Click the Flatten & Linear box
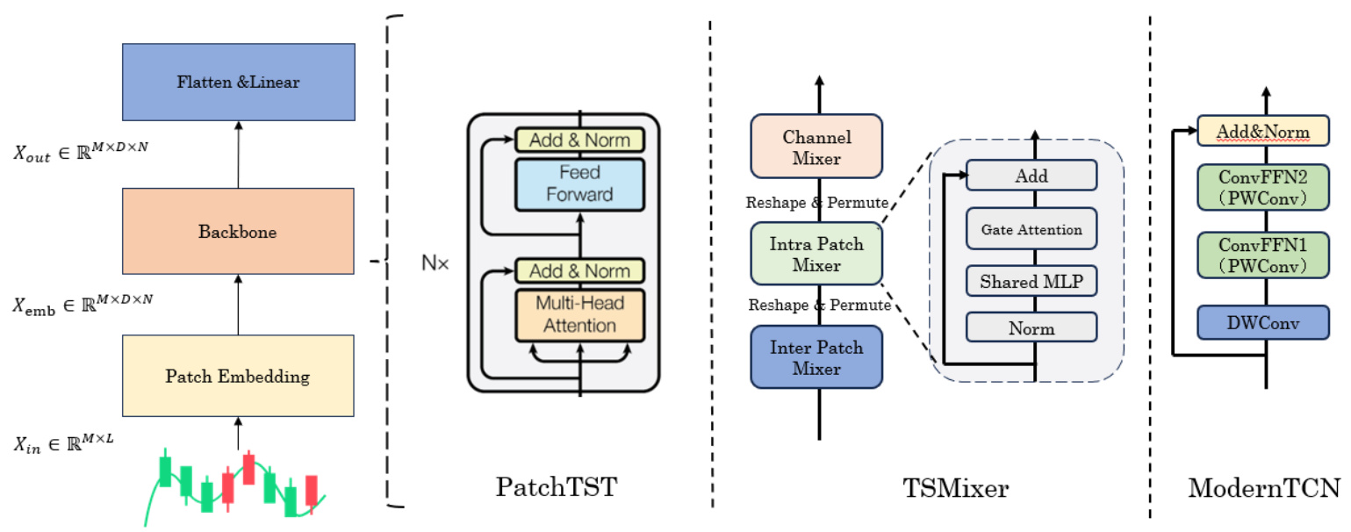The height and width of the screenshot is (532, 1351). (239, 82)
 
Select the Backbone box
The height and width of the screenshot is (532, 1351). (239, 232)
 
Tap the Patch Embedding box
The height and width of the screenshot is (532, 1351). (239, 376)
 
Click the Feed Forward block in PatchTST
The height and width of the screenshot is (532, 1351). (579, 183)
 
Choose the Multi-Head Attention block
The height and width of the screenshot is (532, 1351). (579, 314)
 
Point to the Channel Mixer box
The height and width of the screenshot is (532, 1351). (816, 147)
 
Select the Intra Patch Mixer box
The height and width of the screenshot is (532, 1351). (816, 255)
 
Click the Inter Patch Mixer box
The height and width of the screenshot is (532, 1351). (816, 357)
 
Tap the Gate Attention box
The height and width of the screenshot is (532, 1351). (1031, 230)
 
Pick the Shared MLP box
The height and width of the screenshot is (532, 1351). (1031, 282)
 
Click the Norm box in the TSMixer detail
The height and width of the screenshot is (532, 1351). (1031, 328)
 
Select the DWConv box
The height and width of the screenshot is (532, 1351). (1263, 323)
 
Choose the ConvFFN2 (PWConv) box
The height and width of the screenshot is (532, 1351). (1263, 187)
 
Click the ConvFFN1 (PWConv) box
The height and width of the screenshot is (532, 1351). (1263, 254)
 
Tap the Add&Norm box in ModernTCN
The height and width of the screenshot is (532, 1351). (1263, 132)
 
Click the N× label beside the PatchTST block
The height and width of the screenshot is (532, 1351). (435, 262)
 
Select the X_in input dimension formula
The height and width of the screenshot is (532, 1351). (63, 442)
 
